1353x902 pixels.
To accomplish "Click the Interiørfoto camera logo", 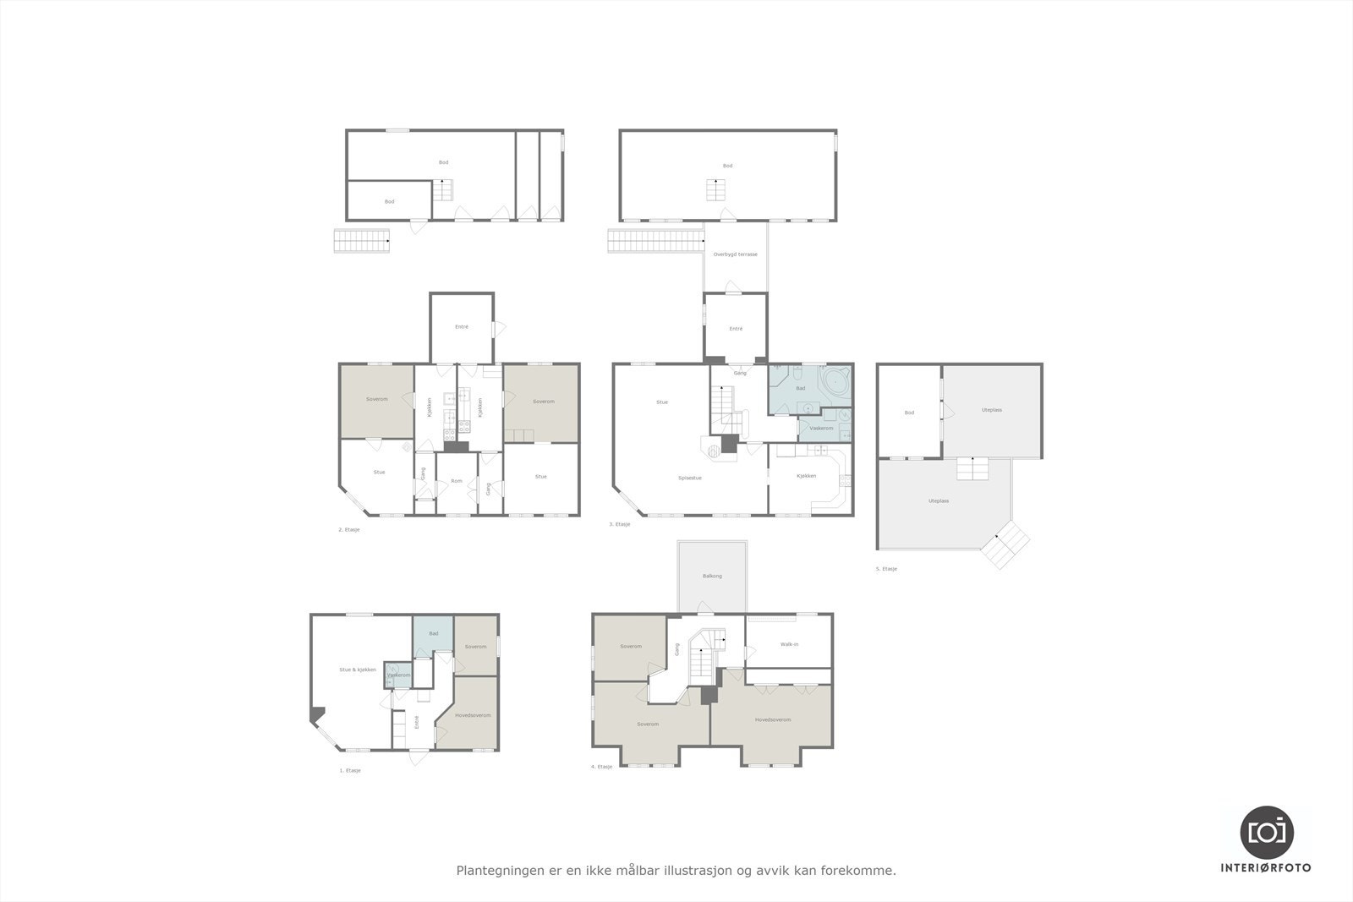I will [1267, 831].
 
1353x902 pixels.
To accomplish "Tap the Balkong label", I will [712, 576].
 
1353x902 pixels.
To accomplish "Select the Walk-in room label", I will [789, 644].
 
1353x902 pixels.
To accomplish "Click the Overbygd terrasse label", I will [735, 254].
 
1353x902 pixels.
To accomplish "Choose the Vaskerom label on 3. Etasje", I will [821, 429].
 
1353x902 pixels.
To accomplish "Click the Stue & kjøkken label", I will [357, 670].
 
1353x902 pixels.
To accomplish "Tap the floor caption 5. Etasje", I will [886, 569].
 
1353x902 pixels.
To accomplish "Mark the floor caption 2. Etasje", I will [349, 529].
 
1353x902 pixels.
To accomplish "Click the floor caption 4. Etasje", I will [601, 767].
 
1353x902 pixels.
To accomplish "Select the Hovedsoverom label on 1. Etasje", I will [473, 715].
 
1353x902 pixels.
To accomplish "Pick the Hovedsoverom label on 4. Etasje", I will [773, 719].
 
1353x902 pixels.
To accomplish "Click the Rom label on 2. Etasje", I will [457, 481].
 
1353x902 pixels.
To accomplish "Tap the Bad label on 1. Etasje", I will [434, 633].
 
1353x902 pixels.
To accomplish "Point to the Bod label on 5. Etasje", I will [909, 413].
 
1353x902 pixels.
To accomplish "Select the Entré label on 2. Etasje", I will [462, 326].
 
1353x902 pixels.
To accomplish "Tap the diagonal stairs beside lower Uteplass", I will [1006, 544].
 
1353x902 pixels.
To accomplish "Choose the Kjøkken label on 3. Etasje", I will [806, 476].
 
